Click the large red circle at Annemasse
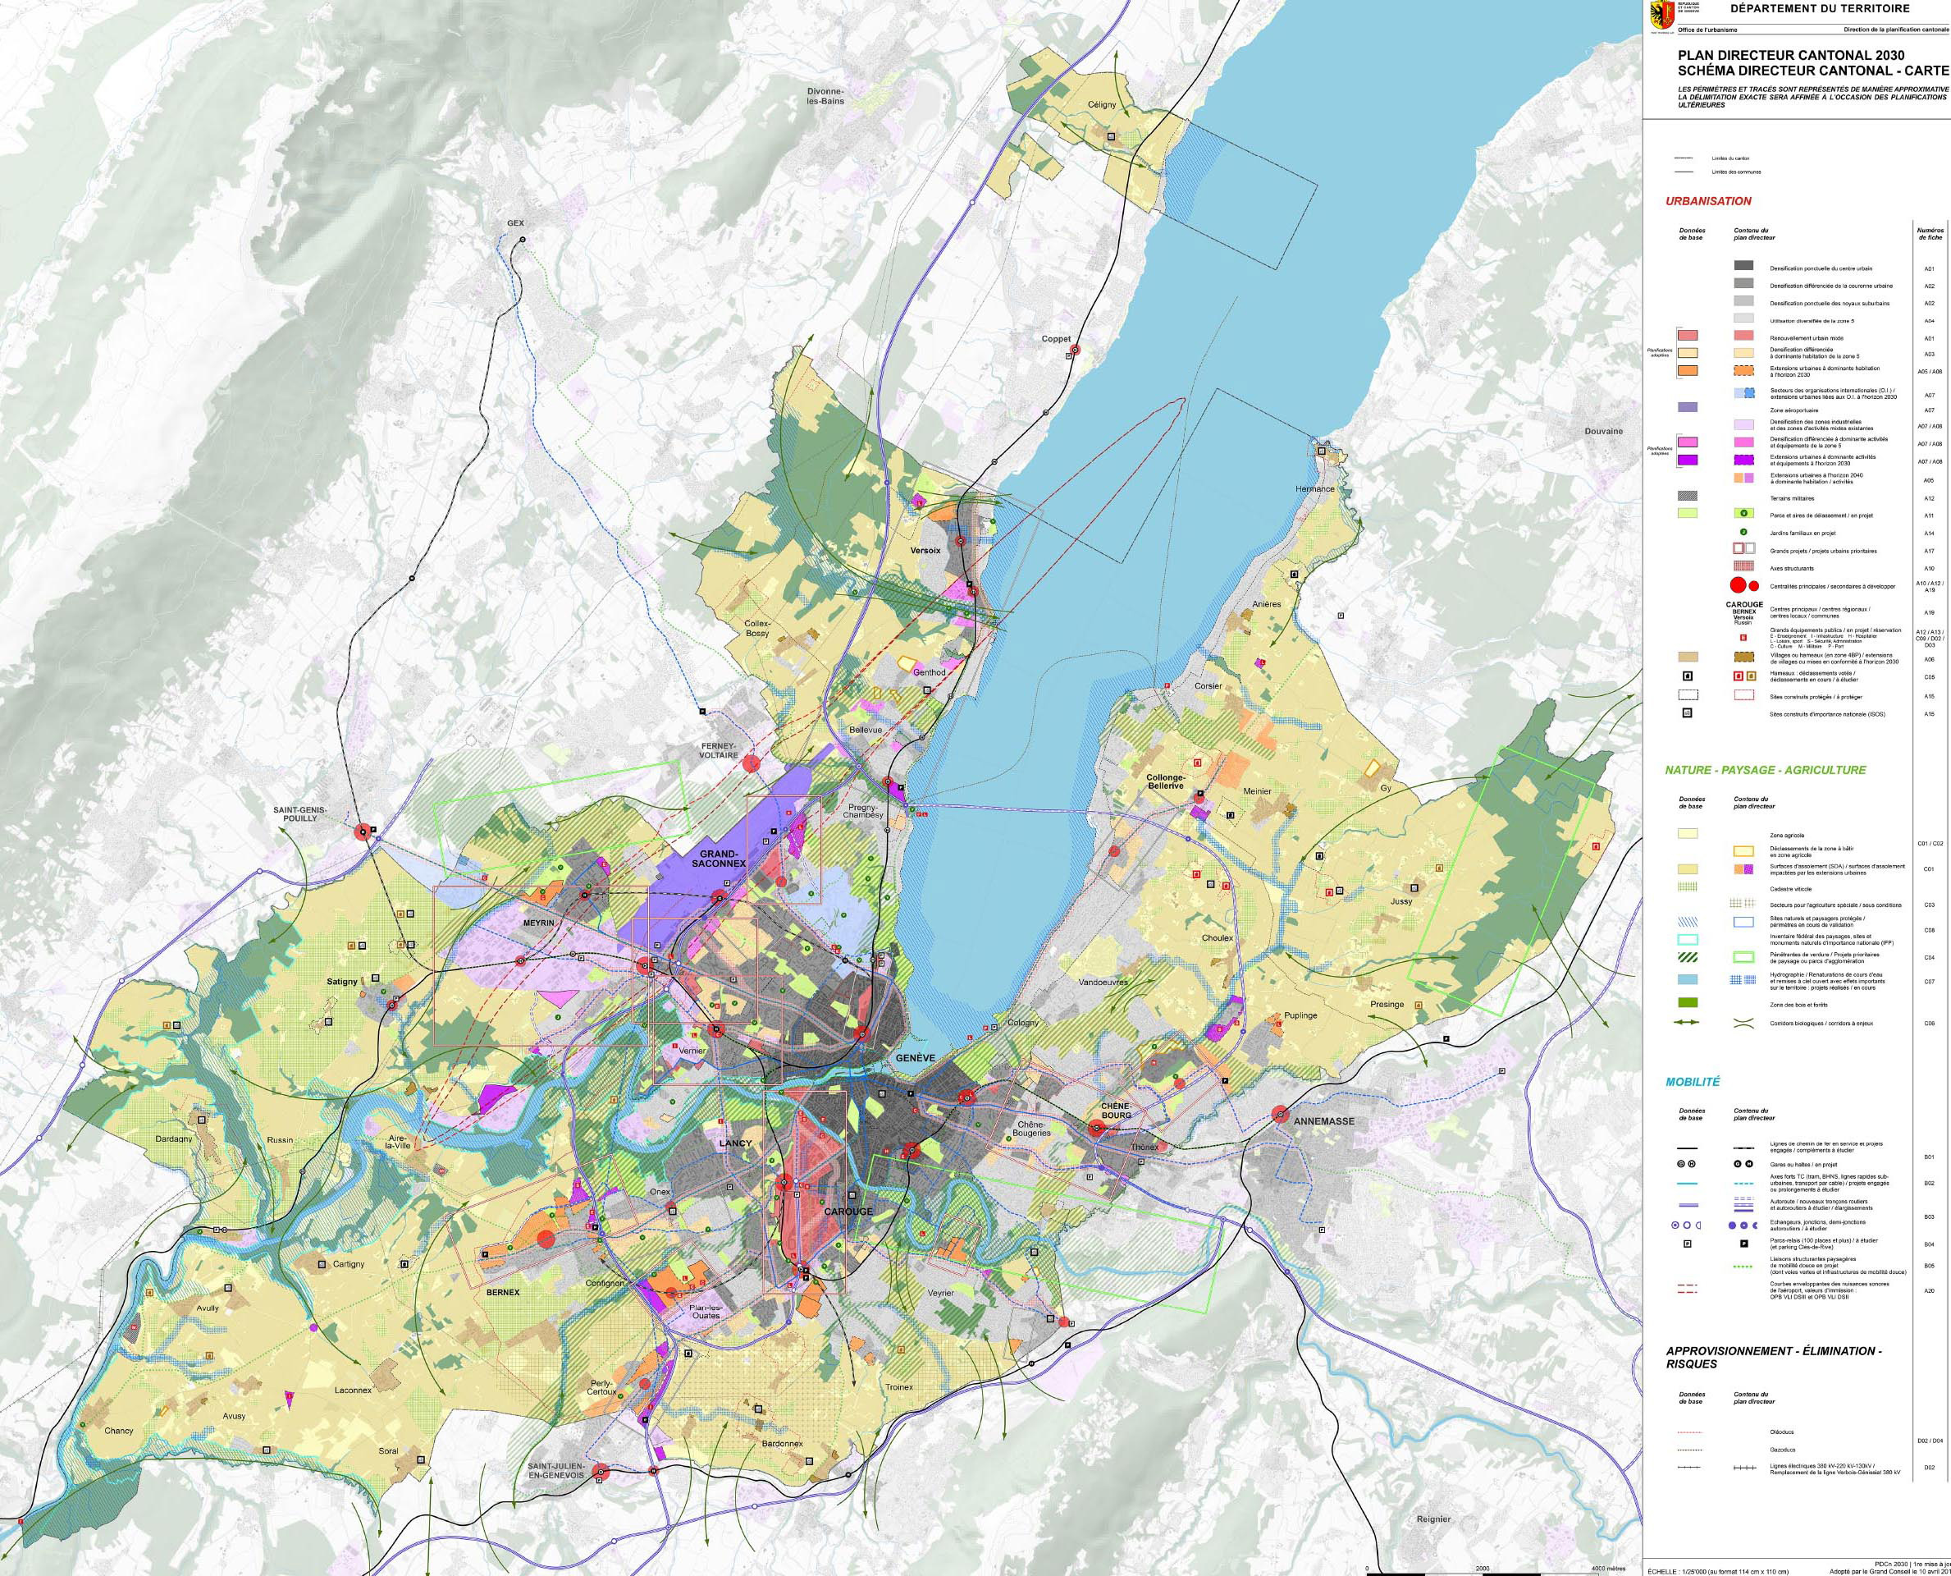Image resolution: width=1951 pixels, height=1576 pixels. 1282,1113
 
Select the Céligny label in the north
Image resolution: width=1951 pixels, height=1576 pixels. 1101,105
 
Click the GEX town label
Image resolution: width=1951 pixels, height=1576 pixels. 516,223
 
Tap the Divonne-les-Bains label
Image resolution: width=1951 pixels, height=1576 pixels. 826,96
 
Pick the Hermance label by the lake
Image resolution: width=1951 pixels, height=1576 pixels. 1315,489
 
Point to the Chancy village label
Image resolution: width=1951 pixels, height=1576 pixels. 119,1431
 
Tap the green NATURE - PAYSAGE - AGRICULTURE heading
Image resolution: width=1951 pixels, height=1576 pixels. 1765,770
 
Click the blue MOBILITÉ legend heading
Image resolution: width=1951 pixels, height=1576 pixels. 1693,1082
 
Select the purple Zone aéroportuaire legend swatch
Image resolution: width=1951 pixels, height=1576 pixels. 1688,409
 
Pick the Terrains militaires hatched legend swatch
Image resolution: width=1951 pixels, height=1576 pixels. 1688,497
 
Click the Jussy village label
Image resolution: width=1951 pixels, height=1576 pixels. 1401,901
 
